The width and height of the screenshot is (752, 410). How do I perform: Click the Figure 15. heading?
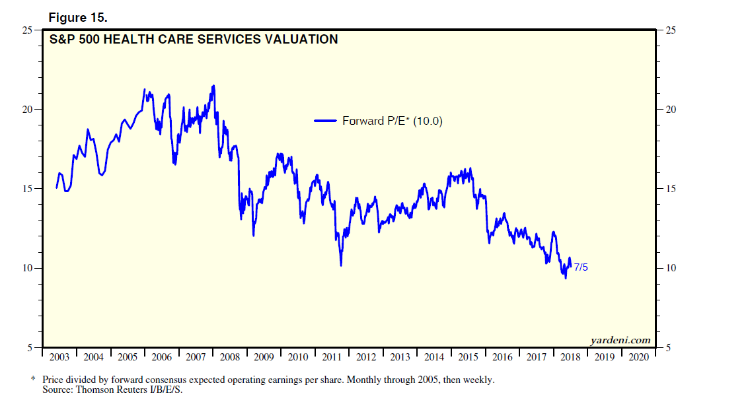click(78, 18)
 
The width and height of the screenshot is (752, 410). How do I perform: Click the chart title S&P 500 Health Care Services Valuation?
click(194, 40)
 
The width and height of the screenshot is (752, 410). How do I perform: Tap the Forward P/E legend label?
click(392, 121)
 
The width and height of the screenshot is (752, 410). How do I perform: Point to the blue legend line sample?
click(326, 121)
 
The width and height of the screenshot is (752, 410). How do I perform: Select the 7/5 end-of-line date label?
click(581, 267)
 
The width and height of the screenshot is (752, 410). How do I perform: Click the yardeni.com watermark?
click(619, 341)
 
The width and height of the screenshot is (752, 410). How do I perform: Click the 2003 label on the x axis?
click(59, 357)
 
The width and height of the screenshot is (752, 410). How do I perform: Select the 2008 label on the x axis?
click(230, 357)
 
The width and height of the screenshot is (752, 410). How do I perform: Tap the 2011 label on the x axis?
click(332, 357)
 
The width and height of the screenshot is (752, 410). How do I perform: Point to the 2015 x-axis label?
click(469, 357)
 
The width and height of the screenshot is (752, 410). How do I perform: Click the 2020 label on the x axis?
click(639, 357)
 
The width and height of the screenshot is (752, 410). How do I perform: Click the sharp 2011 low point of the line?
click(341, 265)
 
